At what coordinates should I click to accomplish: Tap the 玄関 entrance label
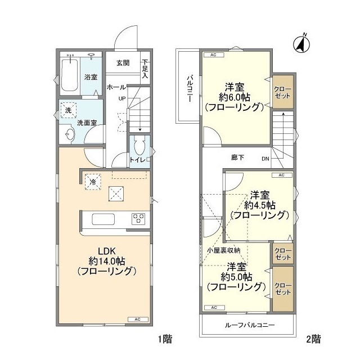[123, 62]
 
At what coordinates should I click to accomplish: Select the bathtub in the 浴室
[70, 75]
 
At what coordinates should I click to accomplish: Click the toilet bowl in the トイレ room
[139, 146]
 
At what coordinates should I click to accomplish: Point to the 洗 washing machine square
[69, 110]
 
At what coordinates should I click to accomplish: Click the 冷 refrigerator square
[93, 182]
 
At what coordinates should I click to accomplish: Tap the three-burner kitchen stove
[138, 219]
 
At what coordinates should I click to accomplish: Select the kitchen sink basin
[103, 219]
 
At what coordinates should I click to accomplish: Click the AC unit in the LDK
[138, 319]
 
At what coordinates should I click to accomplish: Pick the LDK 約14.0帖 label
[107, 256]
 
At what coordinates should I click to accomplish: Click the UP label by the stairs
[122, 98]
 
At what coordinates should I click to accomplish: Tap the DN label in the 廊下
[265, 159]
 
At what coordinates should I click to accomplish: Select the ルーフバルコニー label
[250, 325]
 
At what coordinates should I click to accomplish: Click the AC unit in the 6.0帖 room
[214, 55]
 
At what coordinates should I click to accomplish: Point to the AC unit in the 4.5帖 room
[282, 175]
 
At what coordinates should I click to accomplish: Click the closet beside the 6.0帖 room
[283, 92]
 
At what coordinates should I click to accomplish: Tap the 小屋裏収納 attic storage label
[224, 250]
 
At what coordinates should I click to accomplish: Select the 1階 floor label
[165, 339]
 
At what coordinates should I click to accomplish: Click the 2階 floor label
[313, 339]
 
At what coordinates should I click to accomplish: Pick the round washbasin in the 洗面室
[70, 134]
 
